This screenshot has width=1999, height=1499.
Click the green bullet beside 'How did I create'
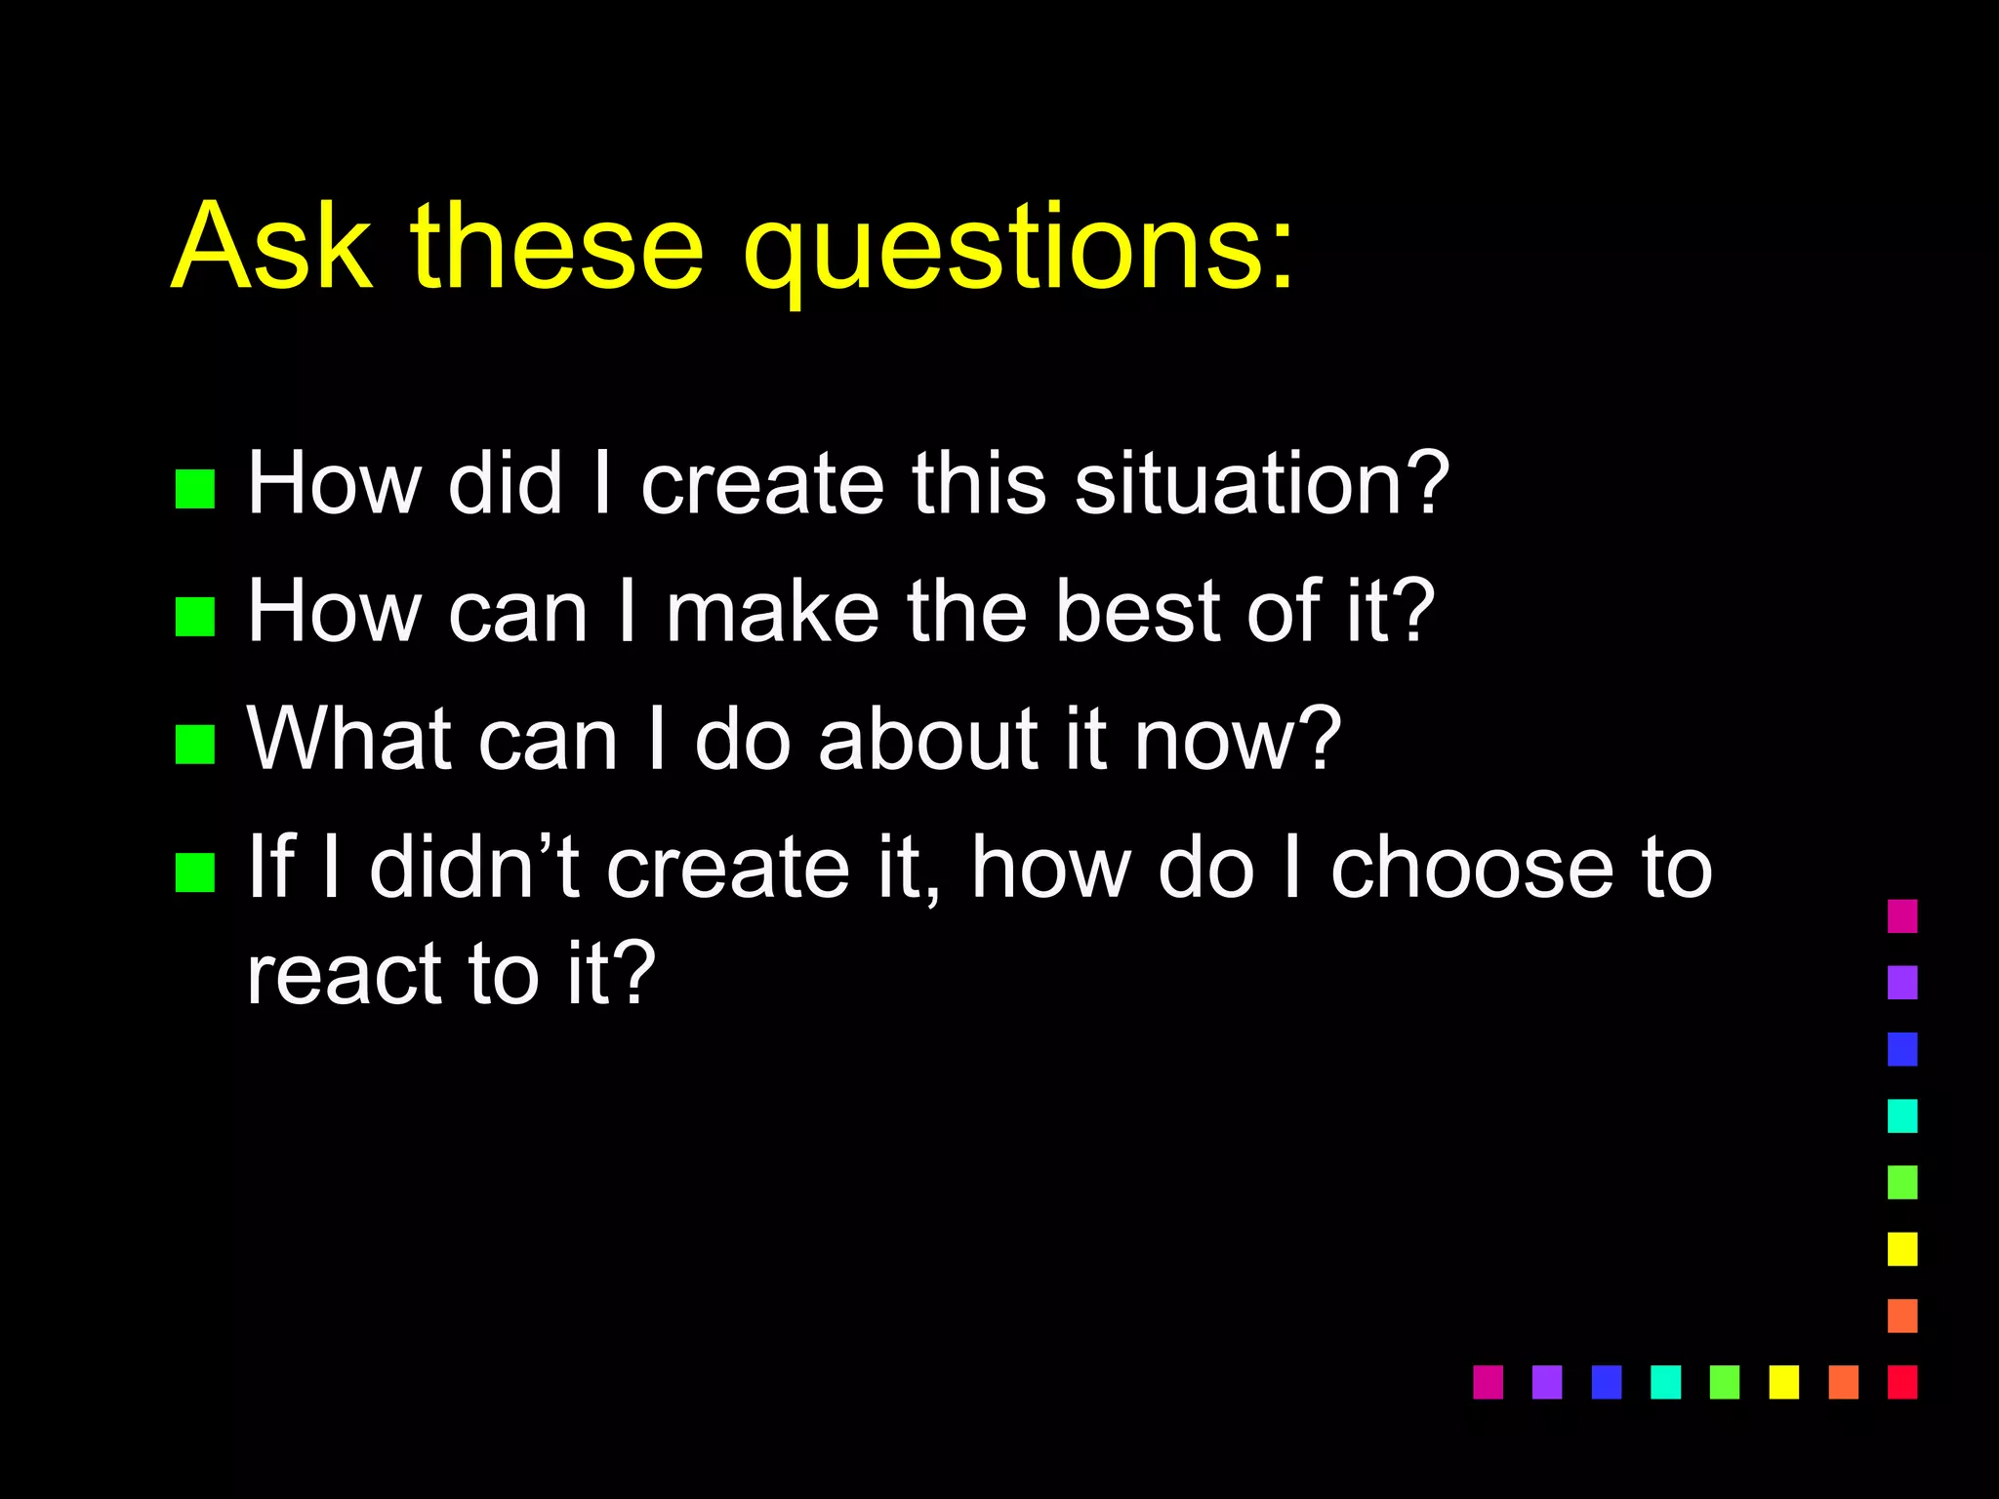click(x=195, y=489)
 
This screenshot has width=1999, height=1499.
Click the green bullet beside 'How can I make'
click(x=195, y=617)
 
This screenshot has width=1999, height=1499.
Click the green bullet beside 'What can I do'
click(x=195, y=744)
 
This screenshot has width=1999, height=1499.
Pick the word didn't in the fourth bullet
click(x=474, y=867)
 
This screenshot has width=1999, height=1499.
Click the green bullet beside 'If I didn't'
click(x=195, y=872)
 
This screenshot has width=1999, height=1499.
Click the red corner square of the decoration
click(x=1902, y=1382)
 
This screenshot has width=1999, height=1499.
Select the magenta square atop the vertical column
click(x=1902, y=916)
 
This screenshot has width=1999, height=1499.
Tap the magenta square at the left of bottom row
click(x=1488, y=1382)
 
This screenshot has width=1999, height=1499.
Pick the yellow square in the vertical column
click(x=1902, y=1249)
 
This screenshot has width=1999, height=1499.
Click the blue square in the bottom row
click(x=1607, y=1382)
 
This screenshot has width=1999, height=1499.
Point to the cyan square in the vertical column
click(x=1902, y=1115)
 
